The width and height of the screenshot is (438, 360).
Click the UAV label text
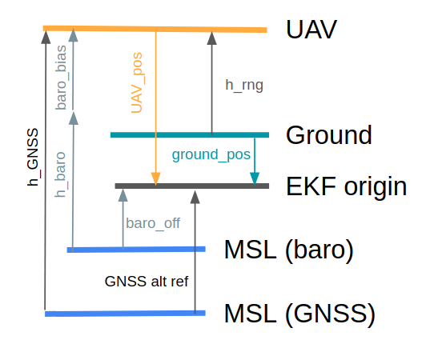click(x=311, y=30)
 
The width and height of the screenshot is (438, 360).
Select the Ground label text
click(x=328, y=134)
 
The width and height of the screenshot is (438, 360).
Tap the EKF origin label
click(x=346, y=186)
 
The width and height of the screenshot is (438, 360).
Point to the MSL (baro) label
click(x=289, y=250)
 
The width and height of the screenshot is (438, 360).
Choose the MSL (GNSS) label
click(x=299, y=314)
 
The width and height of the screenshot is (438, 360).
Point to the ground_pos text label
click(x=211, y=153)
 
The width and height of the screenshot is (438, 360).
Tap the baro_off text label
click(x=153, y=223)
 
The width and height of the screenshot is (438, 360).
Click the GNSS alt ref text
click(x=147, y=282)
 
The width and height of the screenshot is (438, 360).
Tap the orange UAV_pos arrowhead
click(x=155, y=179)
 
